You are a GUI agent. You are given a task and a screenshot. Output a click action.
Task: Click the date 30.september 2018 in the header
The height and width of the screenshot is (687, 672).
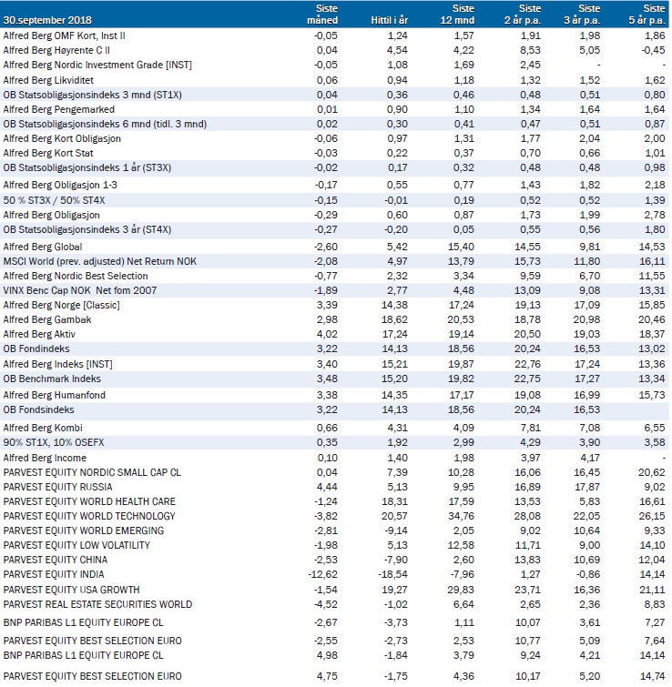[47, 20]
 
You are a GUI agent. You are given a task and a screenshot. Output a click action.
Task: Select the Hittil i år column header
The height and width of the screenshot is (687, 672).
[389, 20]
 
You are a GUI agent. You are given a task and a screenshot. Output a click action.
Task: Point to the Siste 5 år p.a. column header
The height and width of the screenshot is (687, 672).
[647, 15]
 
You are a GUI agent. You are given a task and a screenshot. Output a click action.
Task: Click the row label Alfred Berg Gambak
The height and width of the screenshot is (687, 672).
[47, 319]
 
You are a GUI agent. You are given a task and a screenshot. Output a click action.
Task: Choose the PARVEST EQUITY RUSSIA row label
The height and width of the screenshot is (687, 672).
[58, 487]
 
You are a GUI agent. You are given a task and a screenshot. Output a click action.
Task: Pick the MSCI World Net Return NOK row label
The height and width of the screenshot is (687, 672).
[100, 261]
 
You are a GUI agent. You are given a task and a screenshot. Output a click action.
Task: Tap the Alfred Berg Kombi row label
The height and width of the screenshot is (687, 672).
[43, 428]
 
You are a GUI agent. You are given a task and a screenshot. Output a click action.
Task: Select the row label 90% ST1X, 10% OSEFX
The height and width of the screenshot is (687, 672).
[54, 442]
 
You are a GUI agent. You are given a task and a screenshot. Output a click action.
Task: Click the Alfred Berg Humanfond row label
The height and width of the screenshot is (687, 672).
[55, 395]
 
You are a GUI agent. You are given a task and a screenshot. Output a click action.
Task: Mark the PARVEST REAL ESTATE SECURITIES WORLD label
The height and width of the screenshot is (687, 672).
[97, 604]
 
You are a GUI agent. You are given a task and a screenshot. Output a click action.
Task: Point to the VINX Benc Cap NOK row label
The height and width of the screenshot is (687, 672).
[80, 290]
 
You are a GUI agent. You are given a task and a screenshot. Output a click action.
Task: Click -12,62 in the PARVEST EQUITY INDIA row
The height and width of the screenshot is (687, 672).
[323, 574]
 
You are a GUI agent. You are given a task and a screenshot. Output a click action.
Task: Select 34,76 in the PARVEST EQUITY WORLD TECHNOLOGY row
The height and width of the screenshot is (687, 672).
[461, 516]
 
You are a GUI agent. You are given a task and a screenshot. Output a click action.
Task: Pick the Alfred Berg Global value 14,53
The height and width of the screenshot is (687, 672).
[652, 248]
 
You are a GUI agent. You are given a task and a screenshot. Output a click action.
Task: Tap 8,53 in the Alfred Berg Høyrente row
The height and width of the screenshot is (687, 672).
[531, 50]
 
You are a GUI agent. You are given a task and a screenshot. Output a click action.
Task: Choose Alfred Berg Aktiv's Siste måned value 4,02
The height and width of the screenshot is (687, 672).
[327, 334]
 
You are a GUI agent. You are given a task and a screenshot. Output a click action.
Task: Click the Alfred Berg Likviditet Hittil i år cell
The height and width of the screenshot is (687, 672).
[397, 80]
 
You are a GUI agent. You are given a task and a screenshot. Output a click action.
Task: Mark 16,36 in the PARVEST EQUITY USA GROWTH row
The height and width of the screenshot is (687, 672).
[587, 590]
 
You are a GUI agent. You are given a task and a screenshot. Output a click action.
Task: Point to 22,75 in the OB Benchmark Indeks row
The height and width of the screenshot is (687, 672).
[528, 379]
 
